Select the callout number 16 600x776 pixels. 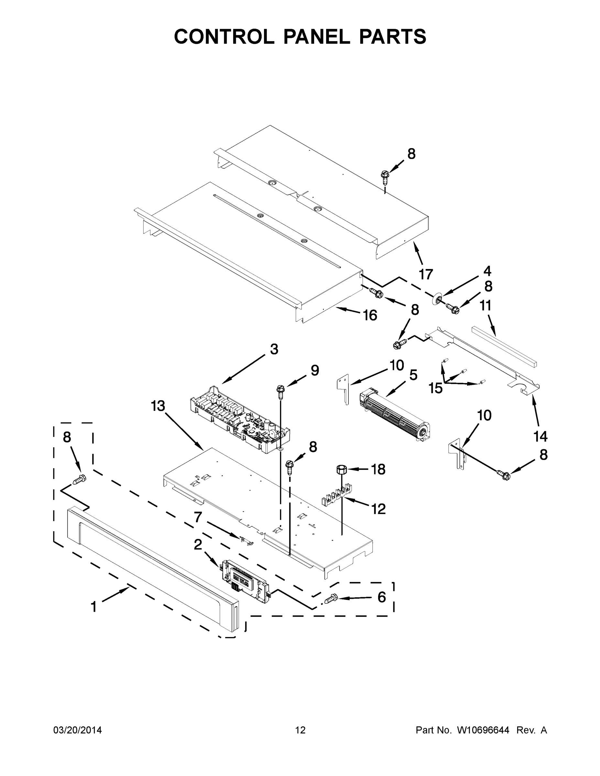(x=370, y=315)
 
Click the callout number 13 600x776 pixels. (x=158, y=406)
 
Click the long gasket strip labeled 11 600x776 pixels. (x=504, y=346)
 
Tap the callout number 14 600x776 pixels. (x=540, y=436)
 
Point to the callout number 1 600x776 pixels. (x=94, y=607)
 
